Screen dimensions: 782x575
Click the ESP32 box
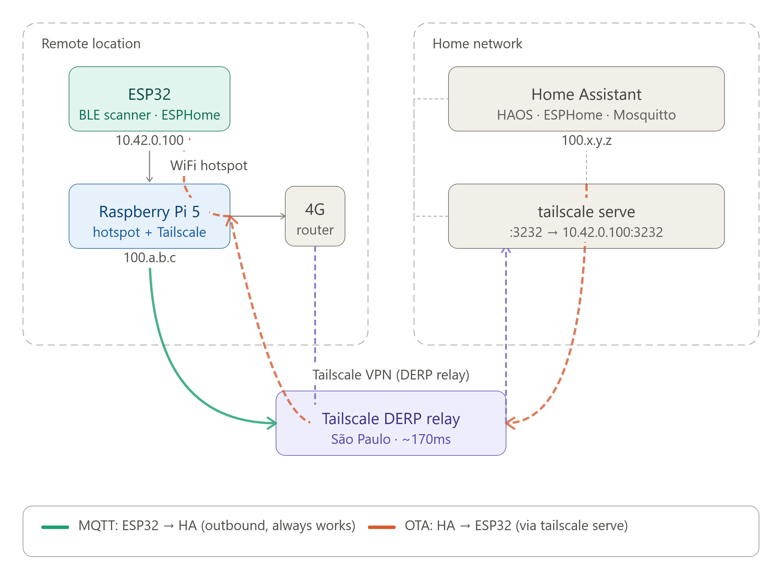tap(149, 99)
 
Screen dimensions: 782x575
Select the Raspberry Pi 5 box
tap(149, 216)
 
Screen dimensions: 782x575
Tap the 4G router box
tap(315, 216)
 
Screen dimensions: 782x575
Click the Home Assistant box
tap(586, 99)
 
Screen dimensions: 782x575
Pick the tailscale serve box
tap(586, 216)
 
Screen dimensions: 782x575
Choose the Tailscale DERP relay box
tap(391, 423)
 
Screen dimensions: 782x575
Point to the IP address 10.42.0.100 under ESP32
tap(149, 140)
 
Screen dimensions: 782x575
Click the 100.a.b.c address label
tap(150, 258)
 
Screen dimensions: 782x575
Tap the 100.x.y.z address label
tap(586, 140)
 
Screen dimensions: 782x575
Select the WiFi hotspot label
tap(209, 165)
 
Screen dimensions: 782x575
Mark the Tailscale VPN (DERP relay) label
tap(391, 375)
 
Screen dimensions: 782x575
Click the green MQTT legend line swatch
tap(55, 527)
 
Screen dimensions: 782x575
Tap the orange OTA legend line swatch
tap(382, 527)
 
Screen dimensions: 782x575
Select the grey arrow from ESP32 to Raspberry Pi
tap(149, 166)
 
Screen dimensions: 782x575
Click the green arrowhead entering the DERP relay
tap(273, 423)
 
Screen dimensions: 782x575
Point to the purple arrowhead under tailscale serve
tap(506, 251)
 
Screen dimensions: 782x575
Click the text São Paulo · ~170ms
tap(391, 439)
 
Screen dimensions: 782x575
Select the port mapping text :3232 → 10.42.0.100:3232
tap(586, 232)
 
